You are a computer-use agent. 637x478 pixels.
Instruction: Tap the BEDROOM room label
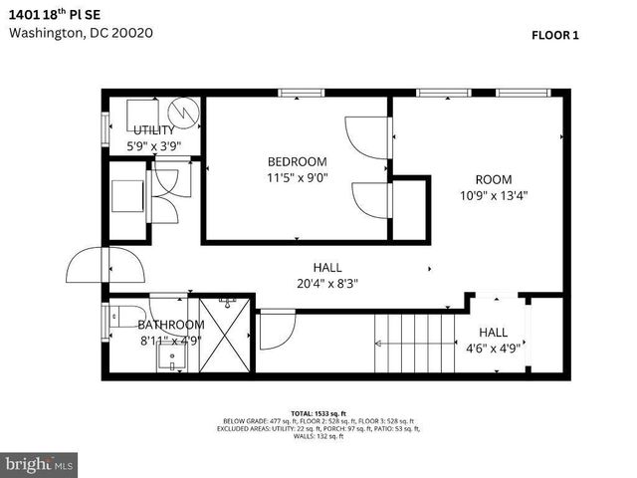(x=297, y=161)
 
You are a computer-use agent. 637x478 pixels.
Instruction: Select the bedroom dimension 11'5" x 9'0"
(x=297, y=178)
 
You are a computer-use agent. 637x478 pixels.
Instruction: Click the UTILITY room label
(x=154, y=130)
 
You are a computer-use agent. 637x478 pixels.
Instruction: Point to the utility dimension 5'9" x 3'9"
(x=154, y=145)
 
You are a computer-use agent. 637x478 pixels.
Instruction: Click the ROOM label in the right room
(x=493, y=179)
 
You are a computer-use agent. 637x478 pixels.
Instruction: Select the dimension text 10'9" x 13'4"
(x=493, y=196)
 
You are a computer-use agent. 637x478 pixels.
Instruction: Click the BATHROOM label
(x=171, y=325)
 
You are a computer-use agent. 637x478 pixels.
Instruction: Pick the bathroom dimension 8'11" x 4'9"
(x=171, y=340)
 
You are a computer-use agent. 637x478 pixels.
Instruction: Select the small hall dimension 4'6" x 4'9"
(x=493, y=349)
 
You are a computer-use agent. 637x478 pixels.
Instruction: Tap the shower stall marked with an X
(x=220, y=335)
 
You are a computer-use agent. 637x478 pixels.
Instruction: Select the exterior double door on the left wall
(x=104, y=265)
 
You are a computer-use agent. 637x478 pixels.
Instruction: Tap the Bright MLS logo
(x=40, y=464)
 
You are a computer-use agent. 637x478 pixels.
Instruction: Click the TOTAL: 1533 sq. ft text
(x=318, y=412)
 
